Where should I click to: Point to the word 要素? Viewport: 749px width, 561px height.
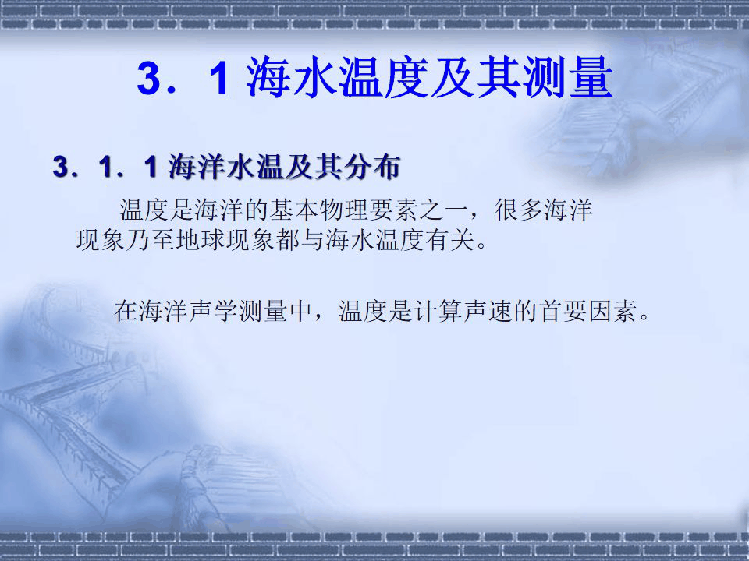click(x=387, y=210)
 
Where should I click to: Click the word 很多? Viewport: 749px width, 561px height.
click(x=520, y=210)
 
